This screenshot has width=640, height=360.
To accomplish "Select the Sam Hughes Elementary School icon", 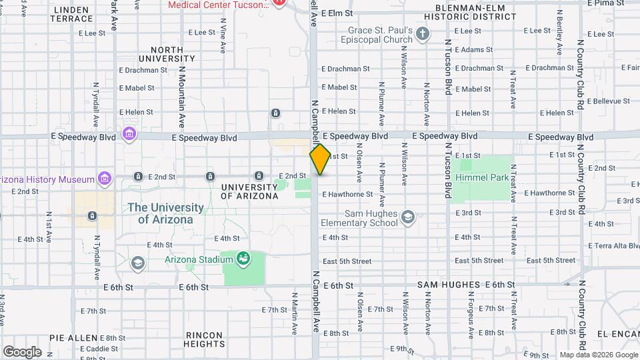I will click(408, 217).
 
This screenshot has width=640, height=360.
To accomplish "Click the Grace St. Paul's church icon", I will click(422, 33).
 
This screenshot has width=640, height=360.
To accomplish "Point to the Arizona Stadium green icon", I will click(243, 258).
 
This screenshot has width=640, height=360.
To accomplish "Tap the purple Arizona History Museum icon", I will click(103, 178).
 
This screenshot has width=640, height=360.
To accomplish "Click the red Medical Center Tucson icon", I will click(279, 3).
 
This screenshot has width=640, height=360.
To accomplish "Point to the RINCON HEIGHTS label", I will click(205, 339).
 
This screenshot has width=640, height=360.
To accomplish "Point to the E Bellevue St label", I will click(609, 101).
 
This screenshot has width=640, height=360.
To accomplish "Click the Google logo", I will click(22, 351).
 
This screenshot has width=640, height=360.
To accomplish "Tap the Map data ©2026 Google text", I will click(598, 355).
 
